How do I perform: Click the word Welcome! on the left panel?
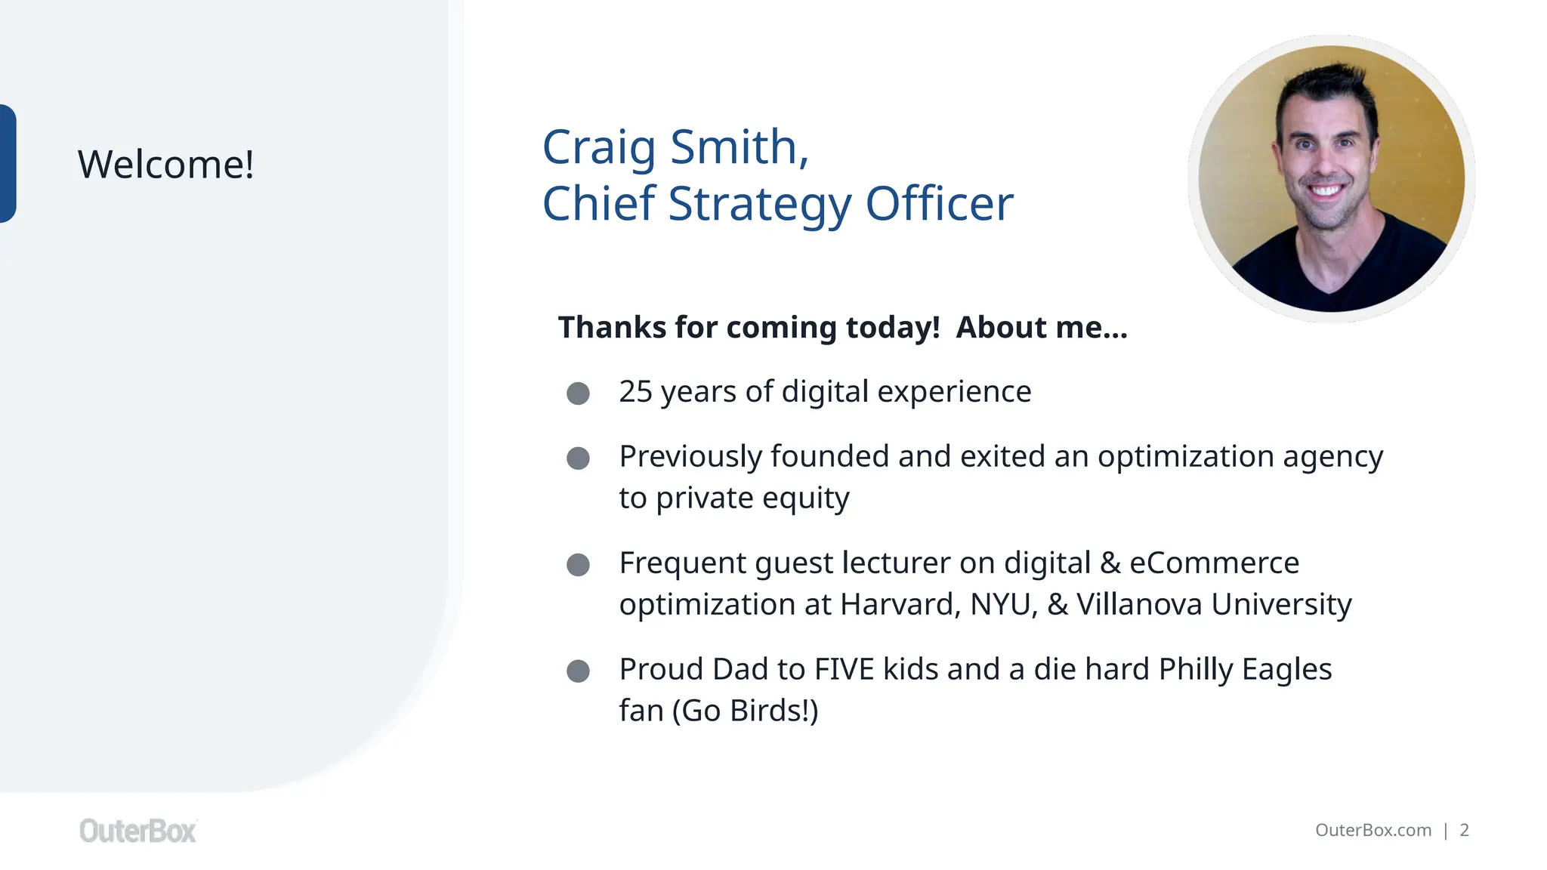[165, 165]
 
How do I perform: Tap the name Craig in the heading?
[598, 147]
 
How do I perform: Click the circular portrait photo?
[1331, 179]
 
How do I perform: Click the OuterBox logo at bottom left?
[138, 831]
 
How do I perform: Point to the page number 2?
[1464, 830]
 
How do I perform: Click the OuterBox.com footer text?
[1373, 830]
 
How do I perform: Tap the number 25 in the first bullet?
[635, 392]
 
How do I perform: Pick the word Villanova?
[1139, 605]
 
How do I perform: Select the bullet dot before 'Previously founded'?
[578, 458]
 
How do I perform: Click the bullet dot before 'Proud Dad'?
[578, 671]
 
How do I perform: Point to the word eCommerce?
[1214, 563]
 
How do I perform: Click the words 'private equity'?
[752, 498]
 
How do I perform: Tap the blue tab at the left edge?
[8, 164]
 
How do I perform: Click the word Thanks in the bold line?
[612, 328]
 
